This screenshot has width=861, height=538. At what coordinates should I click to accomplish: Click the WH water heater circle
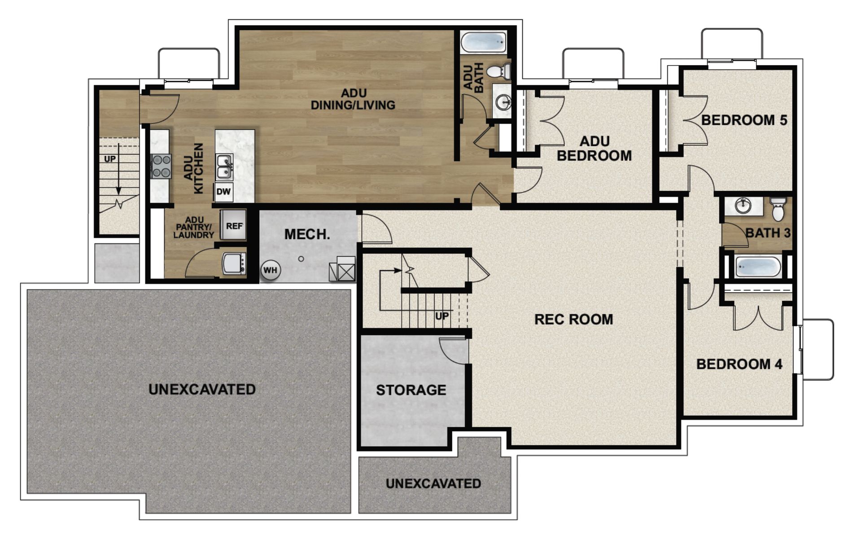[x=270, y=271]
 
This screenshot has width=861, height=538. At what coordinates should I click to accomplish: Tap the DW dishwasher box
[x=223, y=192]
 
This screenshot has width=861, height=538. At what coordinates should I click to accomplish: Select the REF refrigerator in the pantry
[x=234, y=226]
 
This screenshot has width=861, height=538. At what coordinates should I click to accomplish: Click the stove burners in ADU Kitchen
[x=161, y=166]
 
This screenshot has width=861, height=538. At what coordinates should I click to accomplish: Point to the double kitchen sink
[x=223, y=166]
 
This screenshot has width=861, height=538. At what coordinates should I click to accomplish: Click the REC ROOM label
[x=573, y=319]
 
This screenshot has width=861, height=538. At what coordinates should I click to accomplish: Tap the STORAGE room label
[x=411, y=390]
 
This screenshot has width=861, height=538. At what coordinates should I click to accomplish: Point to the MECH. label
[x=307, y=234]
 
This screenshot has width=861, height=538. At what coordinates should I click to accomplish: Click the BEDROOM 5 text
[x=744, y=120]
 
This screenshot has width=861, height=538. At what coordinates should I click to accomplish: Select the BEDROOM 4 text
[x=739, y=364]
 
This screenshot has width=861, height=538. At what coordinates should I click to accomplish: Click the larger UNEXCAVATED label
[x=202, y=389]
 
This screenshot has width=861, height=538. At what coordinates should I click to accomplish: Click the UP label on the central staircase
[x=441, y=316]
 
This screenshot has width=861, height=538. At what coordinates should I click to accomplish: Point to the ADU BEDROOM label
[x=594, y=149]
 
